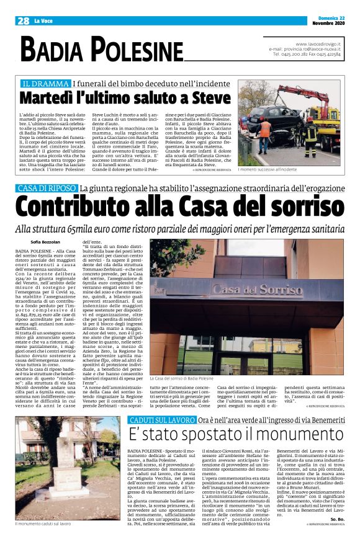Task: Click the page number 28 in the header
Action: click(x=24, y=20)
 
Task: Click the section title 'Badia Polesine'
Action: click(x=102, y=49)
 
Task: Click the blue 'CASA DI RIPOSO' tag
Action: click(x=48, y=188)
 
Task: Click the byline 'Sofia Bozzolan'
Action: click(x=47, y=241)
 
